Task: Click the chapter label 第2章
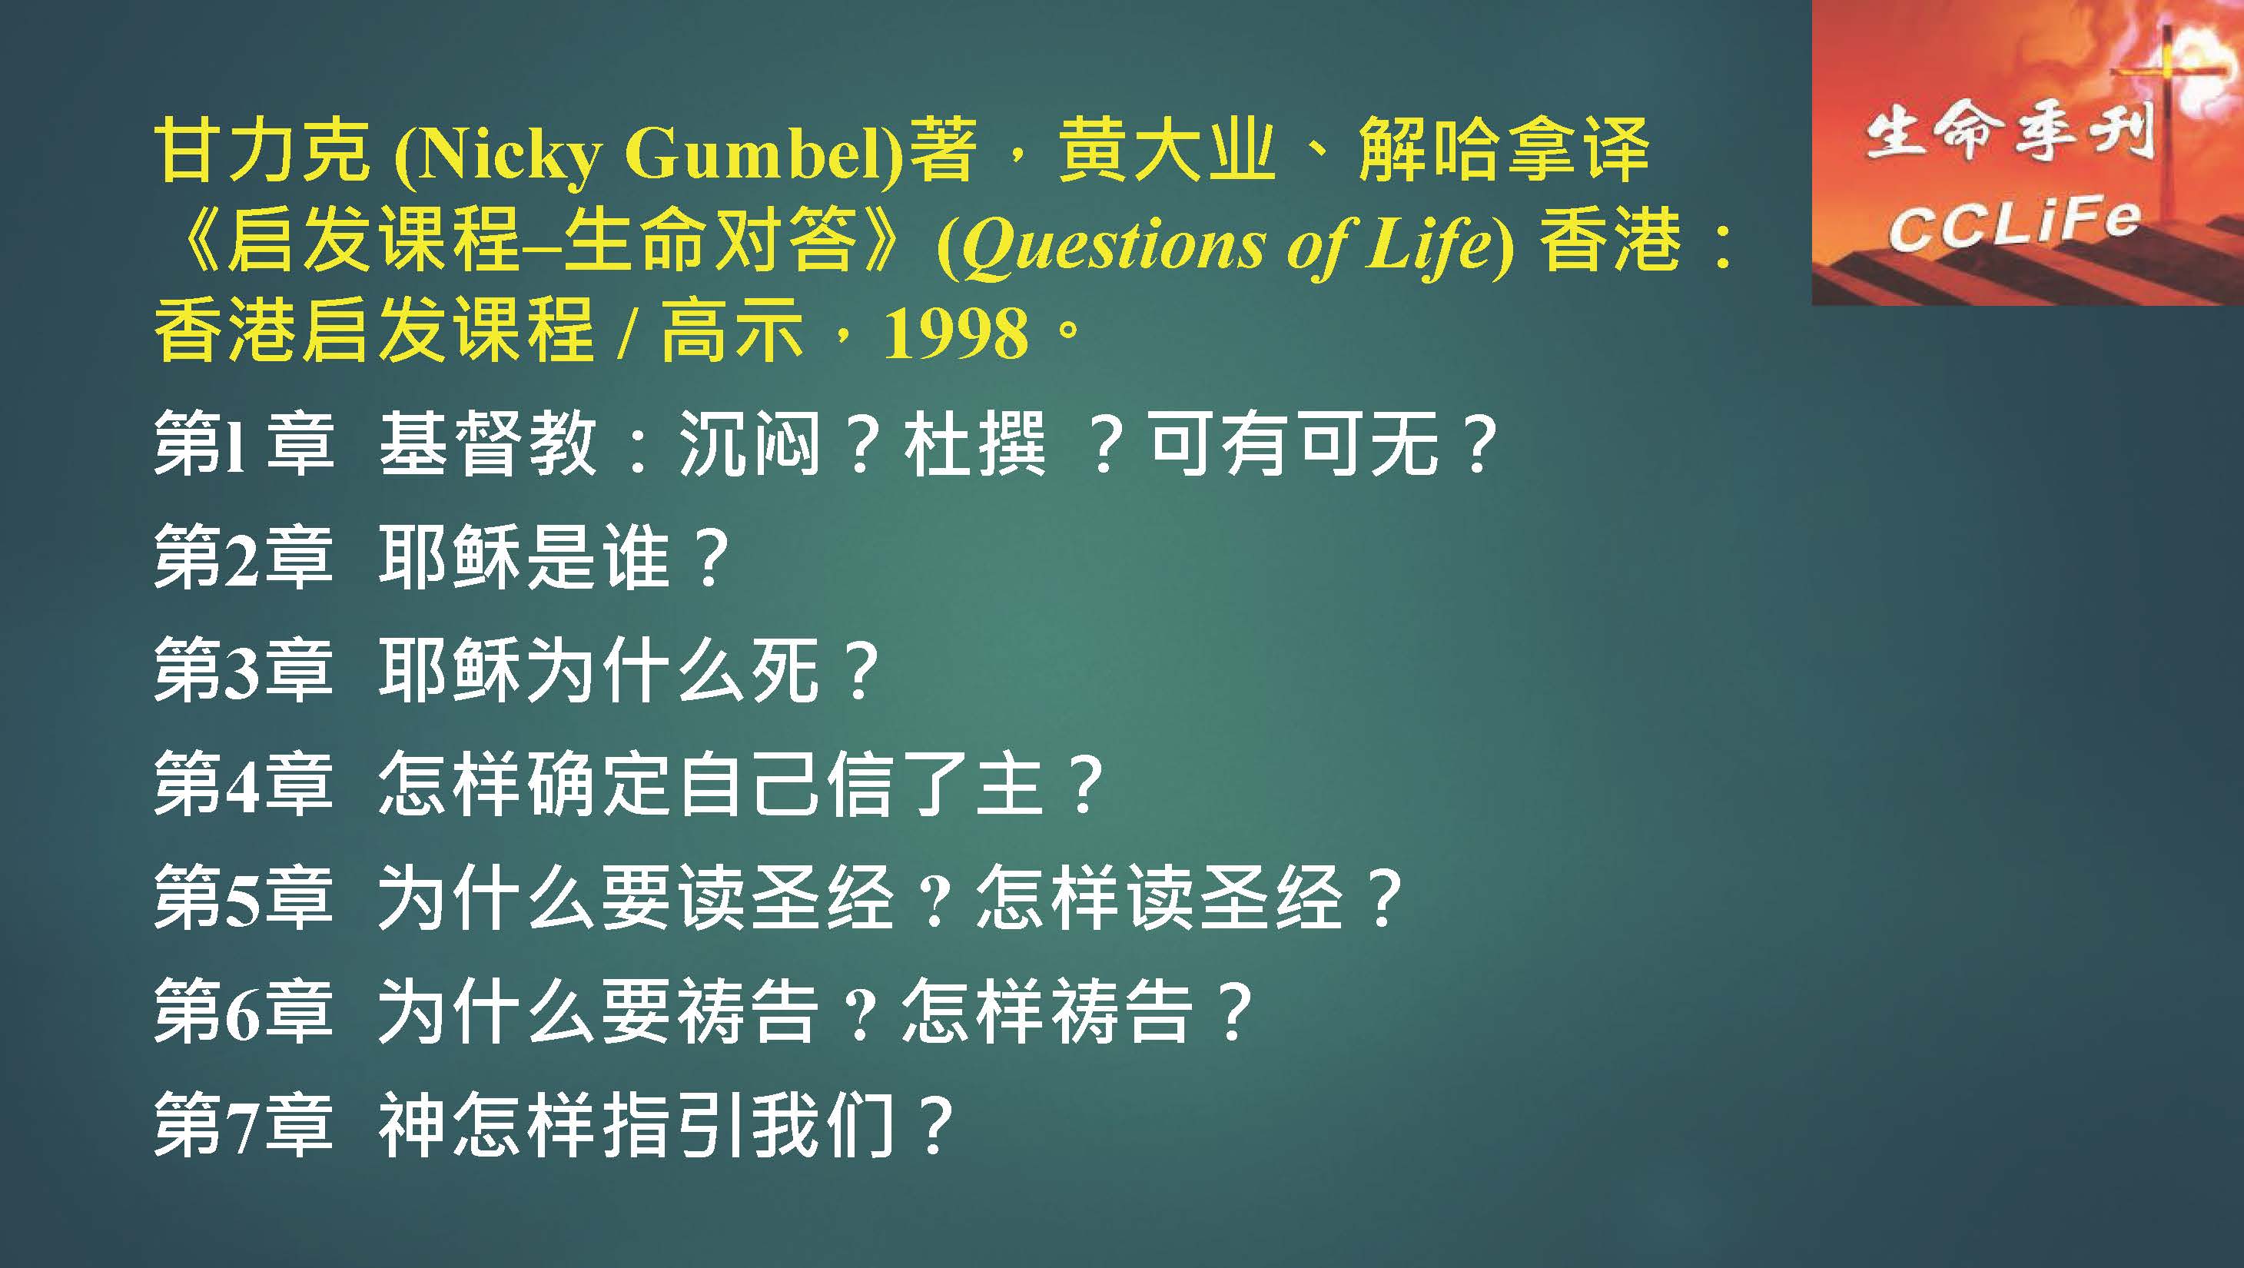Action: tap(244, 557)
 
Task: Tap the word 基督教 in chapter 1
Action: tap(488, 443)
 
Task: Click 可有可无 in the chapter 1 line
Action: tap(1293, 443)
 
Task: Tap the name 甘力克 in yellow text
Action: tap(262, 152)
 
